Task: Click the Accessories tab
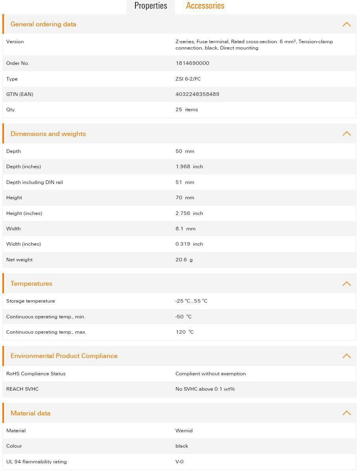click(x=205, y=6)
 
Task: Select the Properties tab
click(x=151, y=6)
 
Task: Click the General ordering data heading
click(x=43, y=24)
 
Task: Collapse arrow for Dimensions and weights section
click(x=346, y=134)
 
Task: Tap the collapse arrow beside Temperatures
click(x=346, y=283)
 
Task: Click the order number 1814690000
click(x=192, y=63)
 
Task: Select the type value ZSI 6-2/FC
click(x=188, y=79)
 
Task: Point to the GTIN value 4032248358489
click(x=197, y=94)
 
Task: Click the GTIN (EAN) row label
click(x=20, y=94)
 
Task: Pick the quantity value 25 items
click(x=187, y=110)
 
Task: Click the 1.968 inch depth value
click(x=189, y=167)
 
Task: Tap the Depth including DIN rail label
click(x=35, y=182)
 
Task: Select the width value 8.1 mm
click(x=185, y=229)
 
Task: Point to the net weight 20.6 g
click(x=184, y=260)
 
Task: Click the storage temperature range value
click(x=191, y=301)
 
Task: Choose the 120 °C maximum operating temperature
click(x=184, y=332)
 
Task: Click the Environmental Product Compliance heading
click(x=64, y=356)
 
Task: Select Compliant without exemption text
click(x=210, y=374)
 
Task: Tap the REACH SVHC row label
click(x=22, y=389)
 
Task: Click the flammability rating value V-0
click(x=179, y=462)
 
